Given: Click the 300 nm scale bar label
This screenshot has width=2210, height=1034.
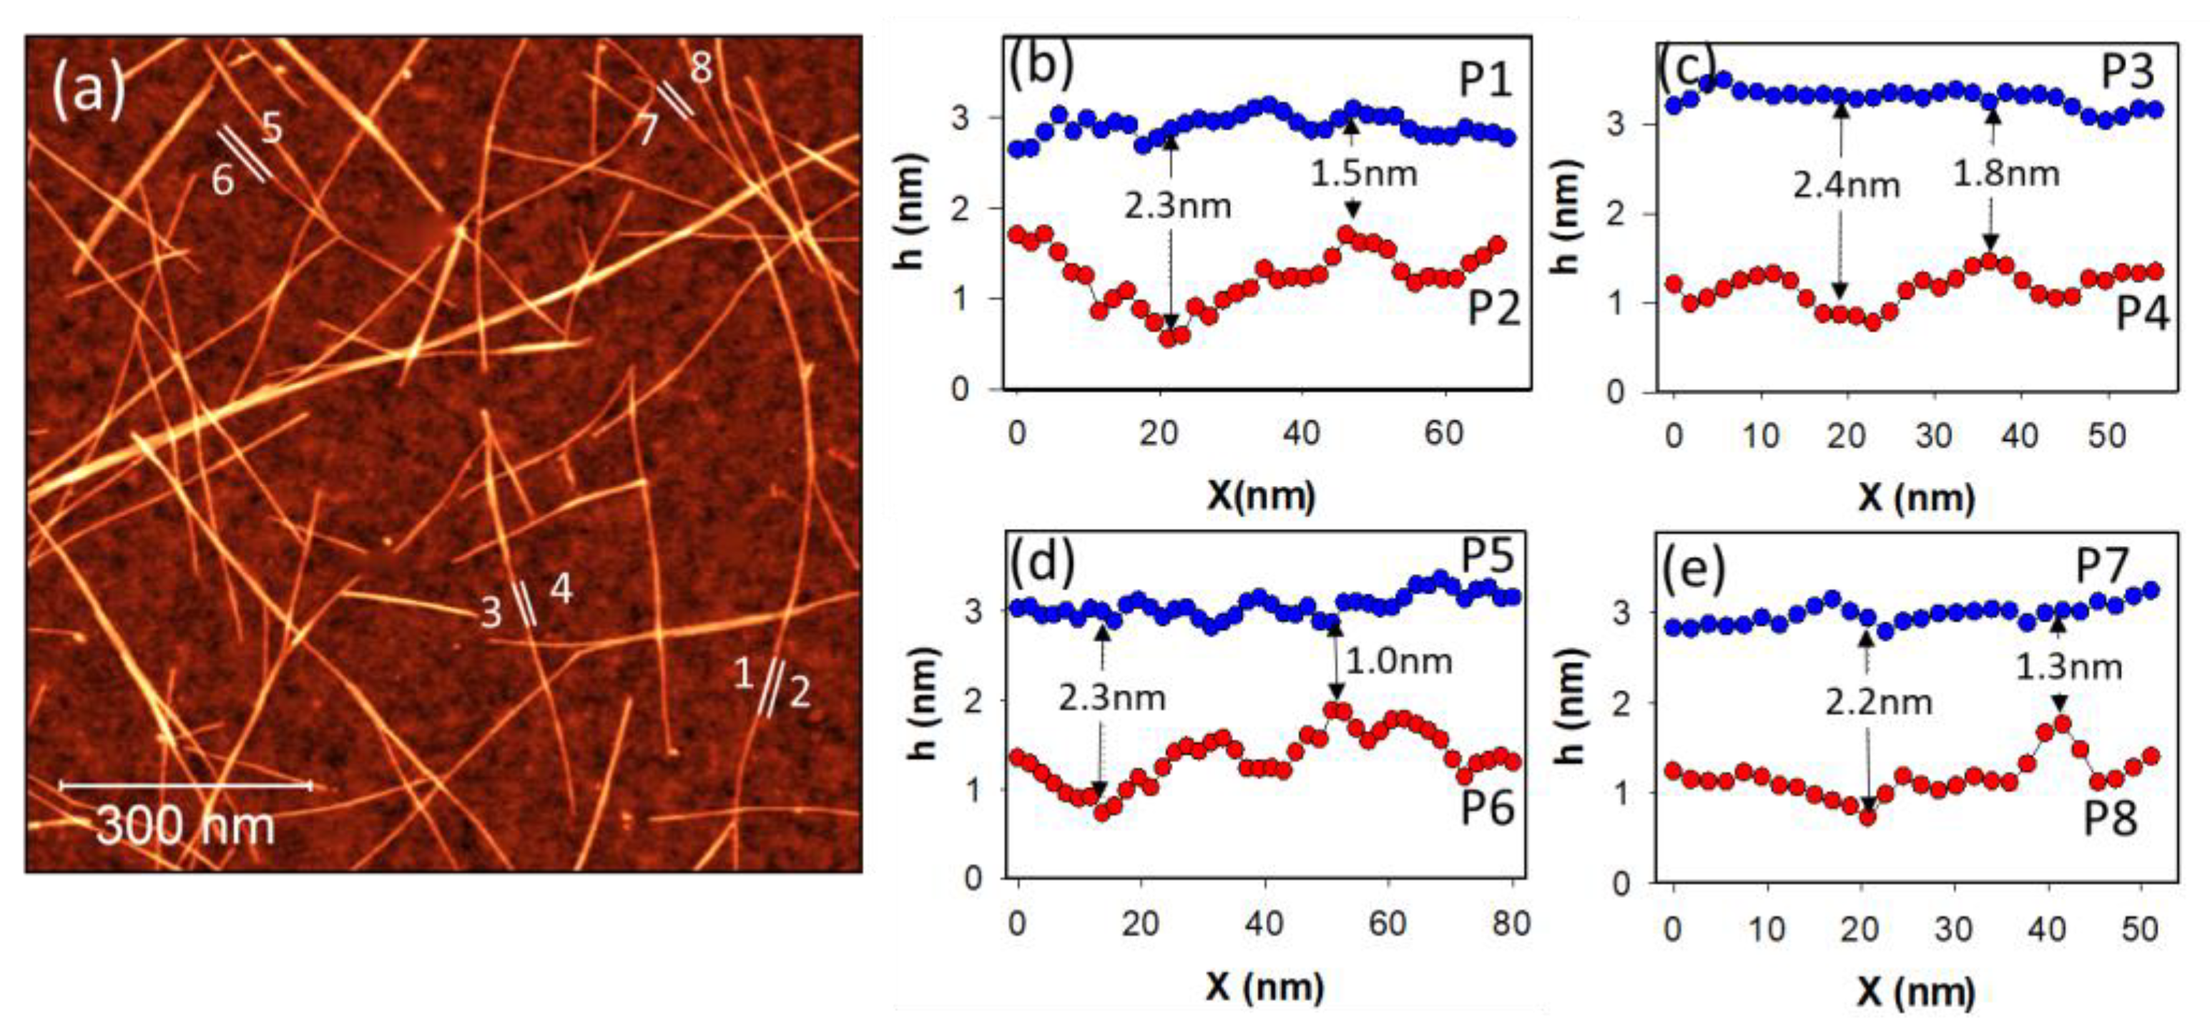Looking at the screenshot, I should coord(185,826).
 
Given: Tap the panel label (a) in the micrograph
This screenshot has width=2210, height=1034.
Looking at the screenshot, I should coord(89,90).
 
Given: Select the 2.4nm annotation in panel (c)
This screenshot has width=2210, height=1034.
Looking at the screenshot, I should coord(1845,185).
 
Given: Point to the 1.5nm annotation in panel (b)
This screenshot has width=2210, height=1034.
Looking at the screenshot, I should coord(1363,174).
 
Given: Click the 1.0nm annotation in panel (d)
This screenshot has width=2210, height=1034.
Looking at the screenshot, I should coord(1398,660).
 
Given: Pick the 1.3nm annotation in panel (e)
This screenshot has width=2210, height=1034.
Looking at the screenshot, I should coord(2068,667).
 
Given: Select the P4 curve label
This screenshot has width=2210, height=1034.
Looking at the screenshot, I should coord(2141,314).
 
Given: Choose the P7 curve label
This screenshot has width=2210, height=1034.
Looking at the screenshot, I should coord(2102,566).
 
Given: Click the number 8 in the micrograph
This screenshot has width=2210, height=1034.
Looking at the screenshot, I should coord(701,67).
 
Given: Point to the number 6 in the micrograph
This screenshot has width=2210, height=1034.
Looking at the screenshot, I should coord(222,181).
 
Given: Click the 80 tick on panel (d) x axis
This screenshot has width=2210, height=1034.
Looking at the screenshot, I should coord(1511,925).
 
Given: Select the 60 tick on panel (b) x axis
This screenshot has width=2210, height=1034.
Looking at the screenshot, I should coord(1444,434).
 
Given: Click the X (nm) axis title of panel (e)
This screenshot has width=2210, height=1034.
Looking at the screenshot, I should coord(1917,992).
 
